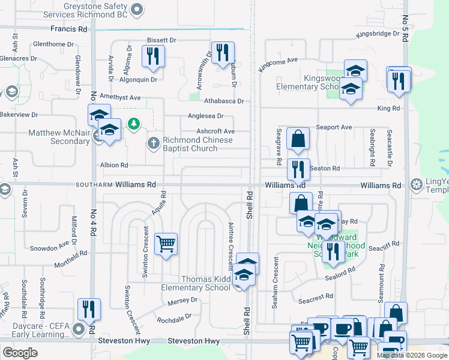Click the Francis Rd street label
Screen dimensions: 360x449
[69, 29]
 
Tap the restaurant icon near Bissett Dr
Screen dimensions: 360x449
[152, 56]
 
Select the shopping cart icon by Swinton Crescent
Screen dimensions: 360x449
[166, 244]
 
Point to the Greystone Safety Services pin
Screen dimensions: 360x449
[137, 9]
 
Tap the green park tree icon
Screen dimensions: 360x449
[134, 124]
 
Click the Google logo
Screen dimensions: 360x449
[20, 353]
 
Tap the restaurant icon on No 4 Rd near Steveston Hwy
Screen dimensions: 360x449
[89, 310]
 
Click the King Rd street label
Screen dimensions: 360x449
[388, 108]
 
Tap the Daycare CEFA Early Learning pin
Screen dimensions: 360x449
[79, 329]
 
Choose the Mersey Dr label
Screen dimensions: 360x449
[183, 300]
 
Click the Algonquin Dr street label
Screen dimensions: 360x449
[138, 79]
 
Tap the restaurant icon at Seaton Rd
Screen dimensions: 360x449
[298, 169]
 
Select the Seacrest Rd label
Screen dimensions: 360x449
[318, 297]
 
